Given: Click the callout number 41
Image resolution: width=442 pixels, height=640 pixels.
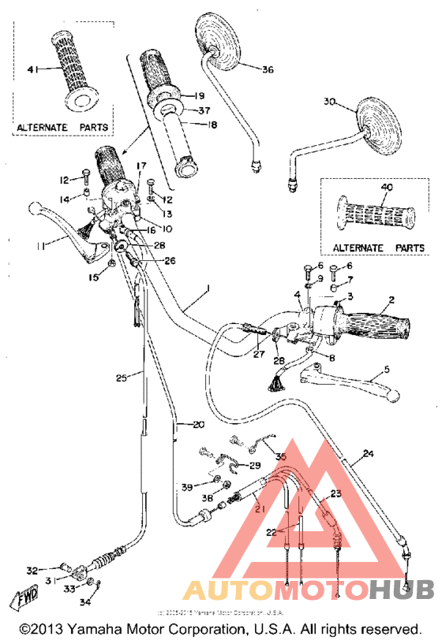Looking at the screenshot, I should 32,71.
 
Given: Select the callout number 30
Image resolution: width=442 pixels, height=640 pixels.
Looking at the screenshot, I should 329,102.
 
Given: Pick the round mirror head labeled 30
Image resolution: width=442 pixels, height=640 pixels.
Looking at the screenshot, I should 378,126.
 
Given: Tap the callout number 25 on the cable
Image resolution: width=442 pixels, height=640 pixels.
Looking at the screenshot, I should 121,378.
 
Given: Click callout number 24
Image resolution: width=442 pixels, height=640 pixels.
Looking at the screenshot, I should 367,454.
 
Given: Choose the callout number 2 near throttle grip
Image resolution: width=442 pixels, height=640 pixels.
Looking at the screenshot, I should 390,300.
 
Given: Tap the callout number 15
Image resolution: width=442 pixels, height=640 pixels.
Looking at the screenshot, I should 94,277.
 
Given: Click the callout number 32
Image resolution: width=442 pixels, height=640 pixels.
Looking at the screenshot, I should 32,569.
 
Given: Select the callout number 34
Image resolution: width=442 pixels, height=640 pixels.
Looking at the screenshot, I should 85,603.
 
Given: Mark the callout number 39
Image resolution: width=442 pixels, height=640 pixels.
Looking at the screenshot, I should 186,487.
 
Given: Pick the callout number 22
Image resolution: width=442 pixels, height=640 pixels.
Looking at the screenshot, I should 271,532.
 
